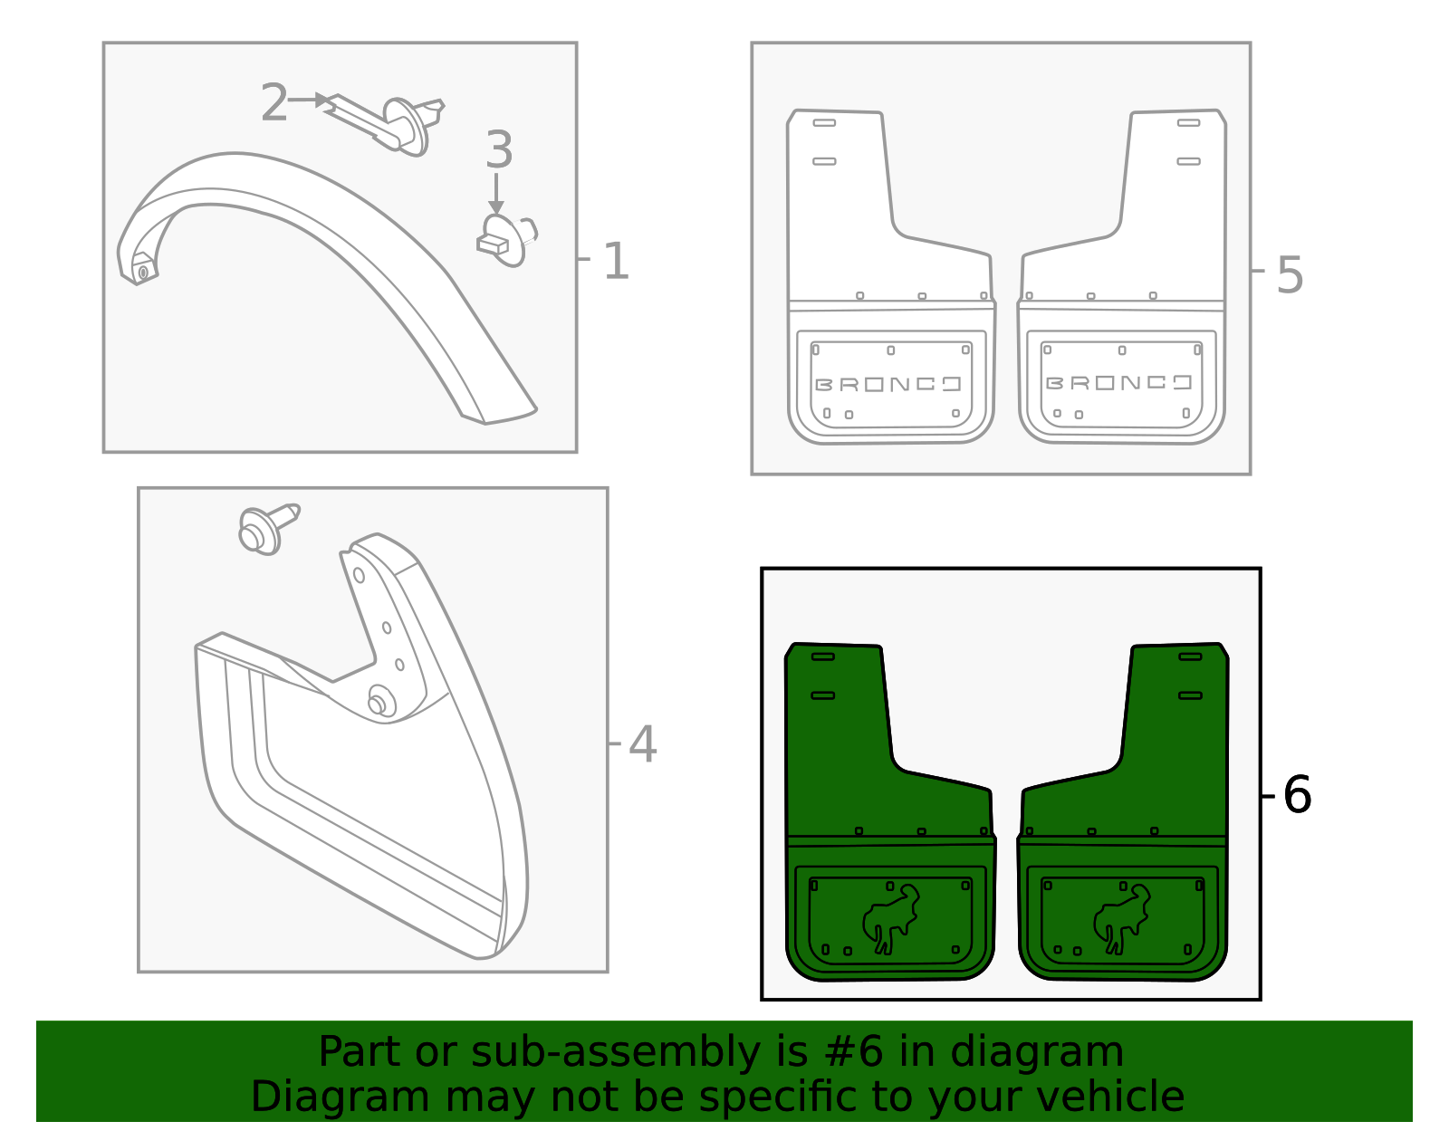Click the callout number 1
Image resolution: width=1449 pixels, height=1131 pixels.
tap(616, 262)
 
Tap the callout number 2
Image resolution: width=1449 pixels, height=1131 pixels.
tap(273, 102)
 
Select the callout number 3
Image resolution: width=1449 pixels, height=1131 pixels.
tap(499, 150)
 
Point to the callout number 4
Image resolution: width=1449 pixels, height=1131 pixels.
tap(642, 744)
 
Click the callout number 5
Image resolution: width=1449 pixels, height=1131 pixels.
tap(1290, 274)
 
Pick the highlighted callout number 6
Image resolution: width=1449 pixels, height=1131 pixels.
tap(1297, 795)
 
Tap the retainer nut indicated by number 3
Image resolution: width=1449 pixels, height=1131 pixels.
tap(504, 239)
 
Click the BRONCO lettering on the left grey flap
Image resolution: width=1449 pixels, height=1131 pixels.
tap(888, 384)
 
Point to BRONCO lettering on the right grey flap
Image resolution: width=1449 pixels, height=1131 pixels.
tap(1119, 383)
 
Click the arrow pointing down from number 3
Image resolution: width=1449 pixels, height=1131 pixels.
tap(495, 194)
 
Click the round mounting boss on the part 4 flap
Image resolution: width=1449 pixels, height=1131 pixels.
tap(380, 703)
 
